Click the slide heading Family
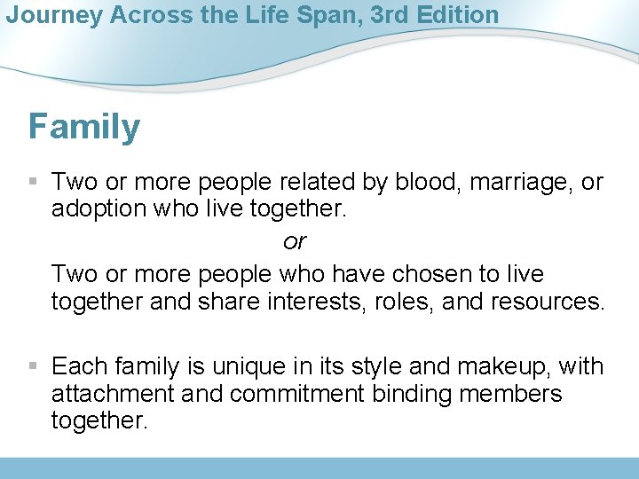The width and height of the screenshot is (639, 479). [x=84, y=127]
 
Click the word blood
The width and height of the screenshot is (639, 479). [x=422, y=183]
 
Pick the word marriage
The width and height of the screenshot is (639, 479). [x=520, y=183]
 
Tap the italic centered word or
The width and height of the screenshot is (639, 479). [x=294, y=240]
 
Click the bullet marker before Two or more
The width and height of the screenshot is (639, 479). [x=34, y=183]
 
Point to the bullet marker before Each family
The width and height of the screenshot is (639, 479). [x=34, y=365]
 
